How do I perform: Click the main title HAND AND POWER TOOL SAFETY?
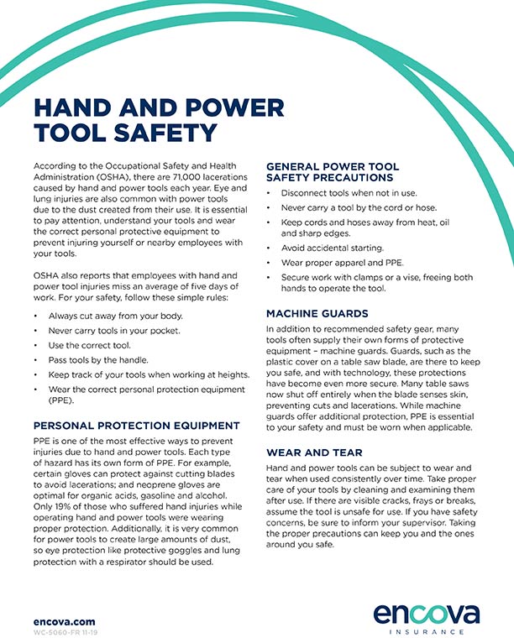tap(158, 120)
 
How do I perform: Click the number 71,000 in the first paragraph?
tap(191, 180)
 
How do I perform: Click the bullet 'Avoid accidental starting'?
tap(327, 248)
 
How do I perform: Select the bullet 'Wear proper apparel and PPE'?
tap(332, 263)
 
